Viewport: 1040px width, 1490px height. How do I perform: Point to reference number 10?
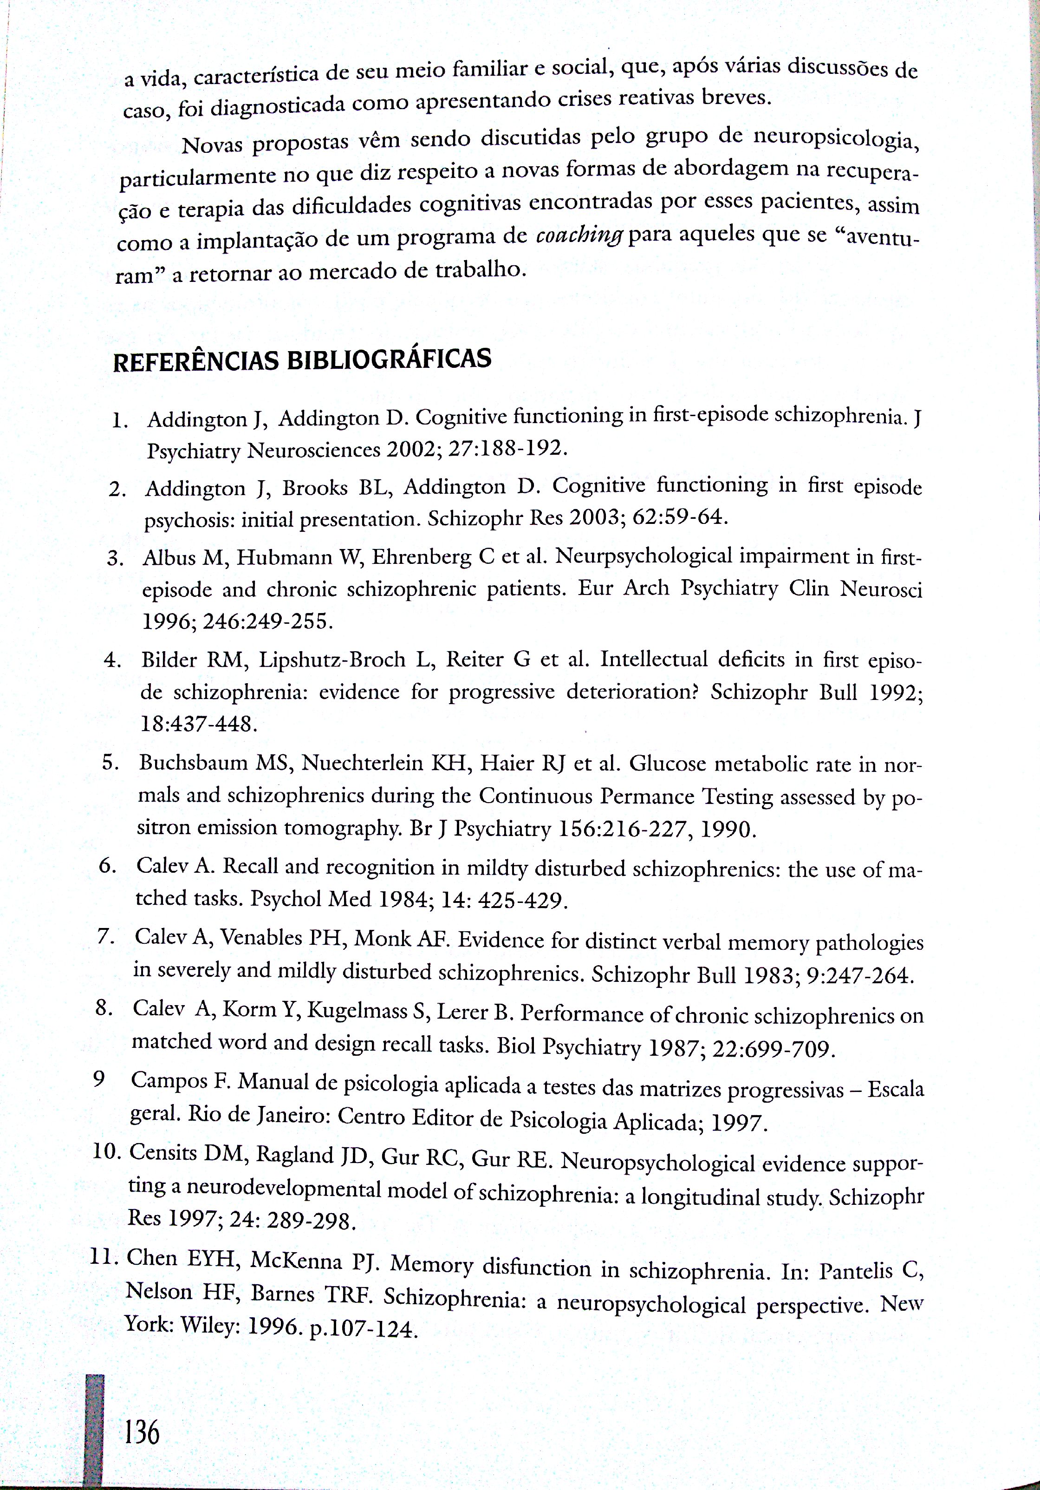(x=107, y=1152)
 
